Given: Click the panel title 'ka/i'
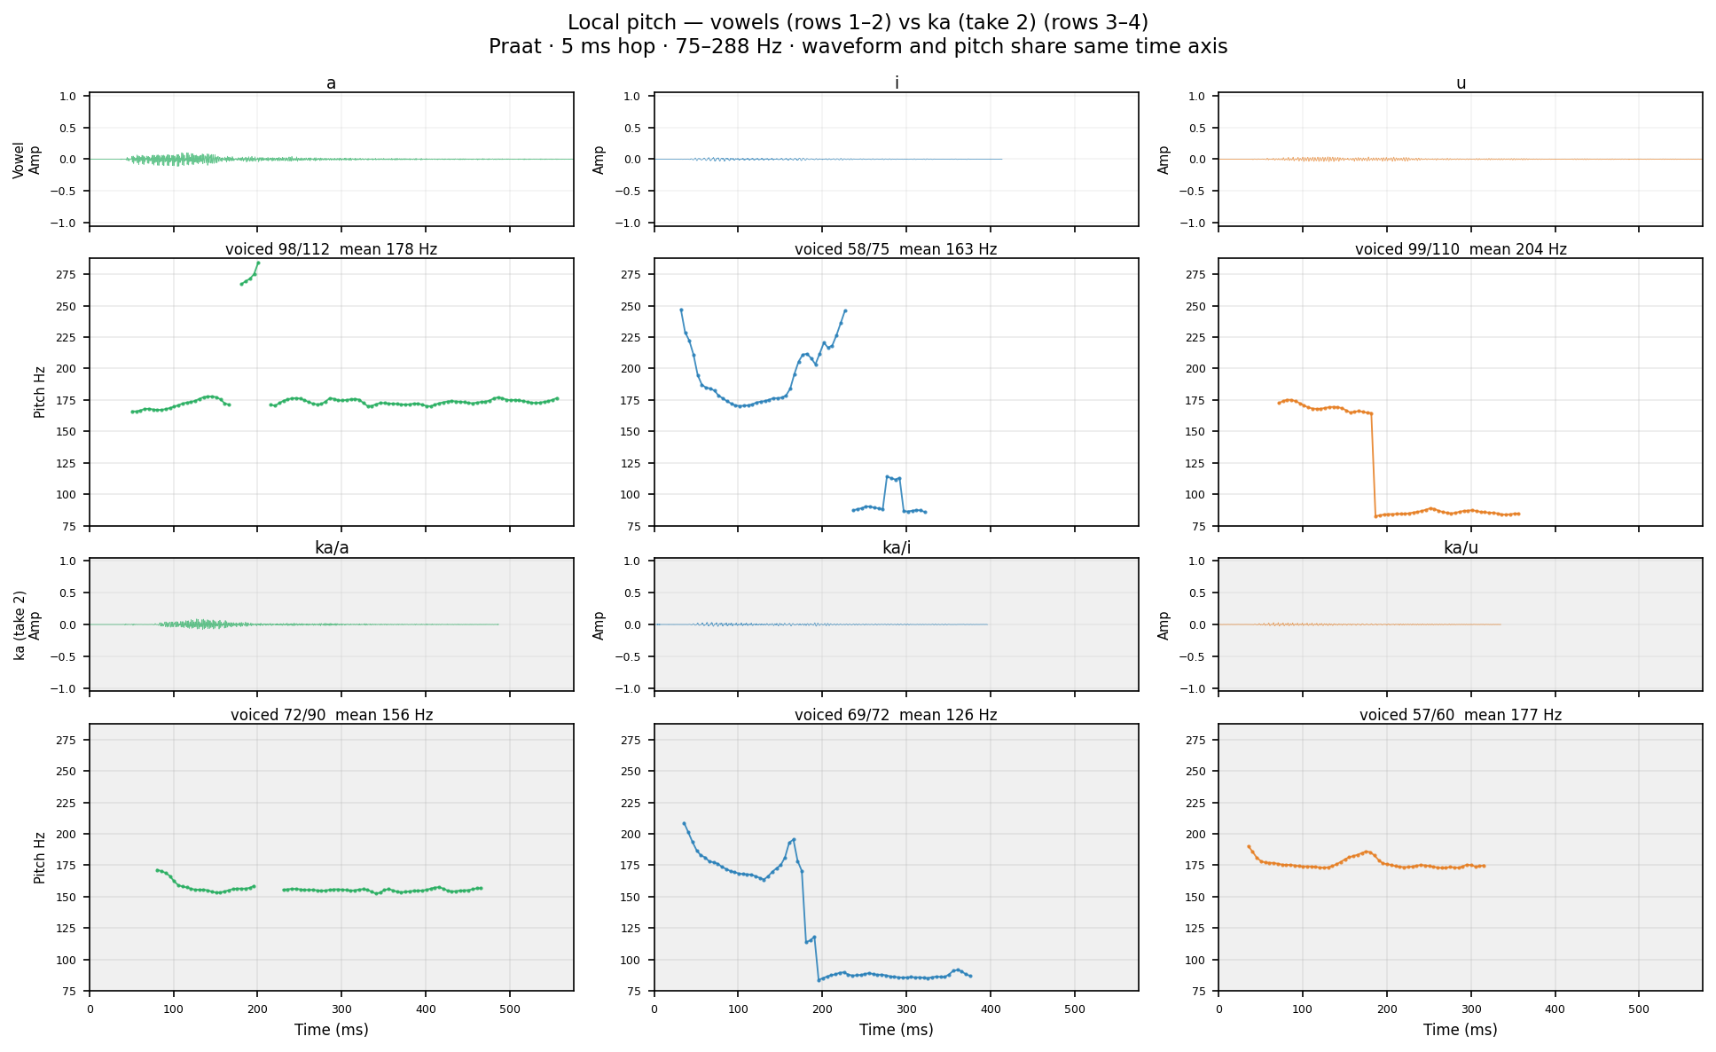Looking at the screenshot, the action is coord(896,548).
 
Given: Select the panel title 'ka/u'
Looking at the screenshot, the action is coord(1461,548).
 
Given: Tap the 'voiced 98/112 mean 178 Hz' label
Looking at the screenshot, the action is coord(331,249).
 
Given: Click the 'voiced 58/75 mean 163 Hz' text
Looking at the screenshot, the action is coord(896,249).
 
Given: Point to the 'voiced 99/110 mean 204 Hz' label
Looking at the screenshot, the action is coord(1461,249).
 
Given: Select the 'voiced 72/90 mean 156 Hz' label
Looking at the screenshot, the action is coord(331,715).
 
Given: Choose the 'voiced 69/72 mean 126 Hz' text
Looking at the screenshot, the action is coord(896,715).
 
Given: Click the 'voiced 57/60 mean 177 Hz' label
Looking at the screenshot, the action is coord(1461,715).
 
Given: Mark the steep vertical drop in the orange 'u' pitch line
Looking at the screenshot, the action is coord(1374,465).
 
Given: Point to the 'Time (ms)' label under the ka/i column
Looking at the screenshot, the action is coord(896,1030).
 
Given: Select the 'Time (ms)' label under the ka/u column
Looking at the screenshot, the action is coord(1461,1030).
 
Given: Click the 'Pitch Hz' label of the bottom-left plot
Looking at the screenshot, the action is coord(40,858).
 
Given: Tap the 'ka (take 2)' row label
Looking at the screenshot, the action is coord(20,625).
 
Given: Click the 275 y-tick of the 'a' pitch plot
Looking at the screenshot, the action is coord(75,274).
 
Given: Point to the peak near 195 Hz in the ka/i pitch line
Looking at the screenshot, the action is coord(793,840).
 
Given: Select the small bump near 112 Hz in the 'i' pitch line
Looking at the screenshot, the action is coord(893,479).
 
